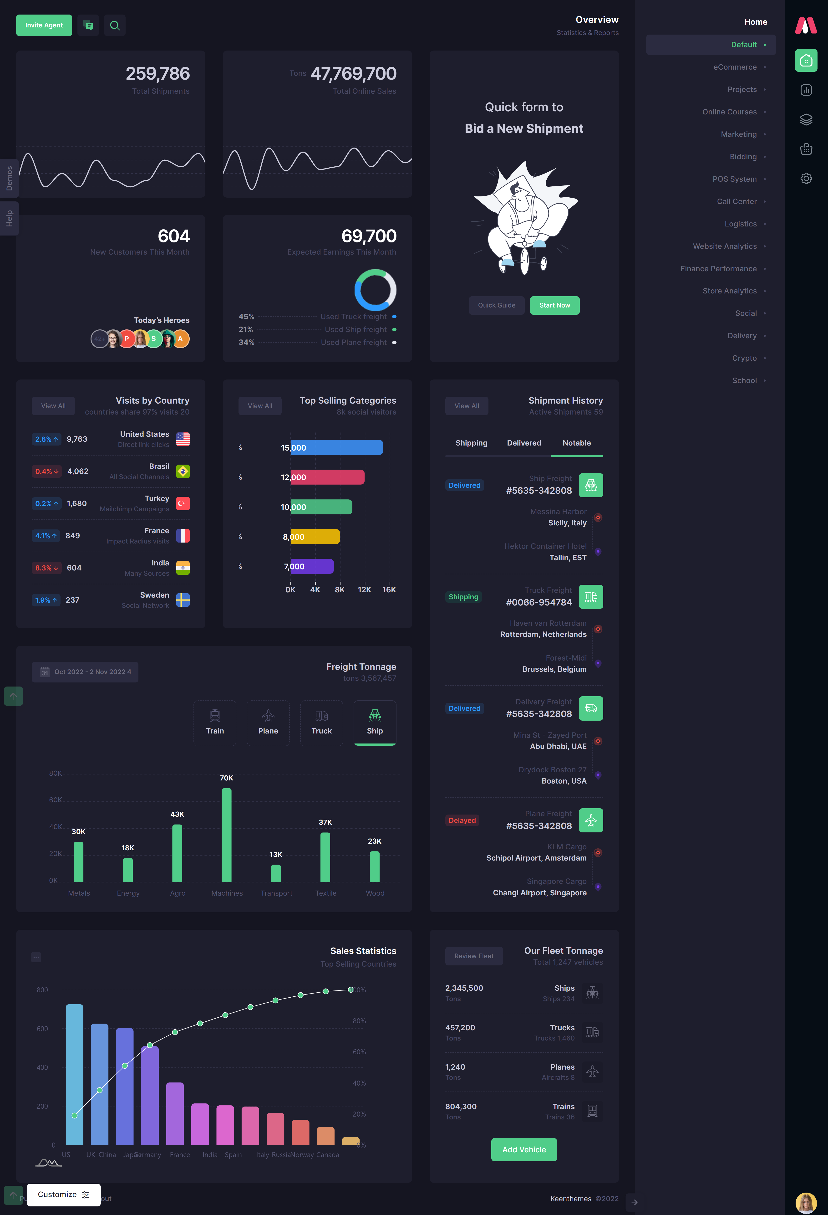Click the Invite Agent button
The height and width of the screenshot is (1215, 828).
tap(44, 25)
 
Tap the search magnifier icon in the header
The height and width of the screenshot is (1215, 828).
tap(114, 25)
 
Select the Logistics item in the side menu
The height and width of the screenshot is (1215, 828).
tap(740, 224)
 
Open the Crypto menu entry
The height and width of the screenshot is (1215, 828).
tap(744, 358)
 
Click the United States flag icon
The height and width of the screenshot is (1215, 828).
tap(183, 439)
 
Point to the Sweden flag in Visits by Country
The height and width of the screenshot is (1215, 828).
tap(183, 600)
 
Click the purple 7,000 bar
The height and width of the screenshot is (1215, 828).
tap(312, 566)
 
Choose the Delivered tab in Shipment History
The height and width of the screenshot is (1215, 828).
tap(524, 443)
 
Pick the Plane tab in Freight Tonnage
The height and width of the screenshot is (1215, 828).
tap(268, 723)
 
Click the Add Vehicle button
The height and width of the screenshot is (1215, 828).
tap(524, 1150)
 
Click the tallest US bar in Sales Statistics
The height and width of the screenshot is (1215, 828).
tap(74, 1074)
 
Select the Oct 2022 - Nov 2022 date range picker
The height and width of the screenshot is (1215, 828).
tap(85, 672)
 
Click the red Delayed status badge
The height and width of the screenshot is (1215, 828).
tap(462, 820)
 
